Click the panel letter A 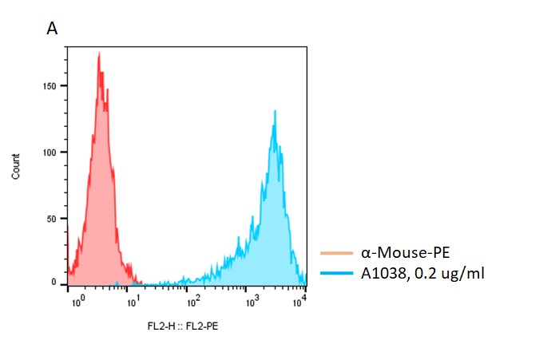pos(53,29)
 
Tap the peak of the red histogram pos(99,54)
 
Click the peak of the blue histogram pos(275,112)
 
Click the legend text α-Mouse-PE pos(405,254)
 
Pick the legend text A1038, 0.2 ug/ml pos(422,274)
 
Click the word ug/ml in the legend pos(466,275)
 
